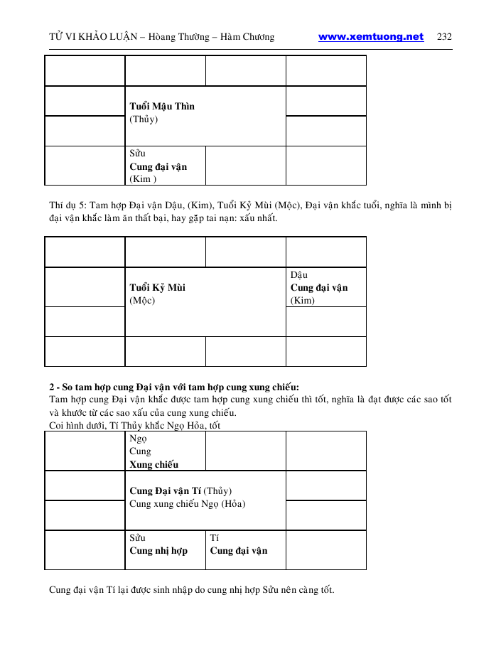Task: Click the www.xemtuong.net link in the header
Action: pos(371,37)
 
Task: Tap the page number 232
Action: pos(445,37)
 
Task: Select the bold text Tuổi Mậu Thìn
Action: pos(162,107)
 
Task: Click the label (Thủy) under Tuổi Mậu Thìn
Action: pos(144,119)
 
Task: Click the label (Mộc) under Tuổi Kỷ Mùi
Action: pos(142,301)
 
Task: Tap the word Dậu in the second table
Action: pos(299,275)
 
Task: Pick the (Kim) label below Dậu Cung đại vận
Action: pos(303,301)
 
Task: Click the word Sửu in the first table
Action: pos(137,154)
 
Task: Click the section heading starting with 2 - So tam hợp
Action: pos(174,387)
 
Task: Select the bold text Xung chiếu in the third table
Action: pos(153,465)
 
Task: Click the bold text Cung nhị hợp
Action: pos(158,551)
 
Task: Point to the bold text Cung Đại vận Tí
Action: pos(165,491)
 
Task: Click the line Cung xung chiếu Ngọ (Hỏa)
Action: pos(187,504)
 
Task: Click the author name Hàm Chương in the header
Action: pos(249,37)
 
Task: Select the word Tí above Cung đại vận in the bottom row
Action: pos(215,538)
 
